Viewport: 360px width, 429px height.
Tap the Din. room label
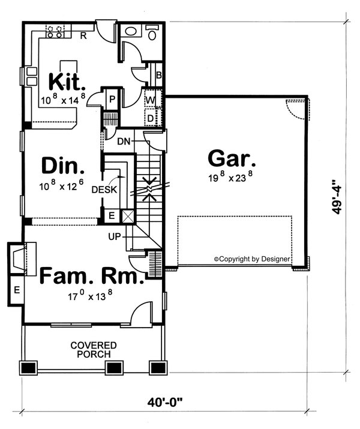click(62, 165)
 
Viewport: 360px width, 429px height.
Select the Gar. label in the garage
click(232, 160)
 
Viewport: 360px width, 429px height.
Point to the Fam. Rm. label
click(92, 277)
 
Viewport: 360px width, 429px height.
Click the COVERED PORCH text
click(93, 350)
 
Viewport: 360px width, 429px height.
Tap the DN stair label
click(124, 142)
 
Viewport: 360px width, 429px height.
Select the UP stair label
click(116, 236)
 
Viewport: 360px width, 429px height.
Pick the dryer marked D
click(151, 118)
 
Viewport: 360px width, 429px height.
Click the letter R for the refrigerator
click(83, 36)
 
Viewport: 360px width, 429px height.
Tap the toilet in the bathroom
click(151, 33)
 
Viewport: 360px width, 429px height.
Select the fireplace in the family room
click(22, 258)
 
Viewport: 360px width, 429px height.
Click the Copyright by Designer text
click(252, 259)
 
